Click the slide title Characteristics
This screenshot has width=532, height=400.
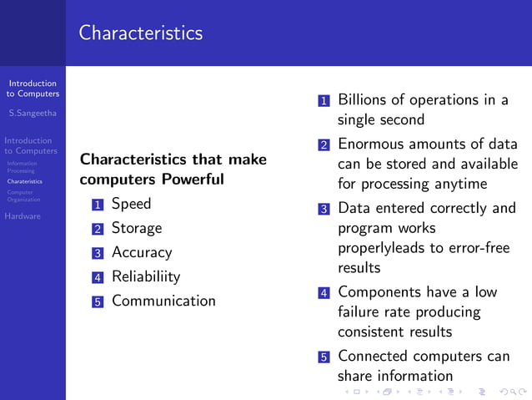(x=141, y=33)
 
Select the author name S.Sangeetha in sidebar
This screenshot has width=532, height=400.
(x=33, y=113)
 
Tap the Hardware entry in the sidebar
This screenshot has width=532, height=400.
(x=23, y=216)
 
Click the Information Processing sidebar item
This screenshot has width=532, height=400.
(x=22, y=167)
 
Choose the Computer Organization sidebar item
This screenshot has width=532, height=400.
(x=23, y=195)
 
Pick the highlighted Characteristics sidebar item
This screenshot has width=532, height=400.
(x=24, y=181)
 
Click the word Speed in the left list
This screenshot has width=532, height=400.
(x=131, y=204)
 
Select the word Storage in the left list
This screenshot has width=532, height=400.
(x=136, y=228)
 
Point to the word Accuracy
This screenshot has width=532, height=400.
(x=141, y=252)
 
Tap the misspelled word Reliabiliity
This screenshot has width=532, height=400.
(x=145, y=276)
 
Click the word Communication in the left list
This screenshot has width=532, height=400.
(x=163, y=301)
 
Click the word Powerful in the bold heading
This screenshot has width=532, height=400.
(x=193, y=179)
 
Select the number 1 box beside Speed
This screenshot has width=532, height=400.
(x=98, y=205)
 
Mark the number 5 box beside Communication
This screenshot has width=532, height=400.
(x=98, y=301)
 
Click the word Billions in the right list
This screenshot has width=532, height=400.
(x=364, y=100)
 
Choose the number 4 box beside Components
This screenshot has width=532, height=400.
(x=324, y=293)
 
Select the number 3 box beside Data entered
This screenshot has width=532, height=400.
(x=324, y=209)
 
